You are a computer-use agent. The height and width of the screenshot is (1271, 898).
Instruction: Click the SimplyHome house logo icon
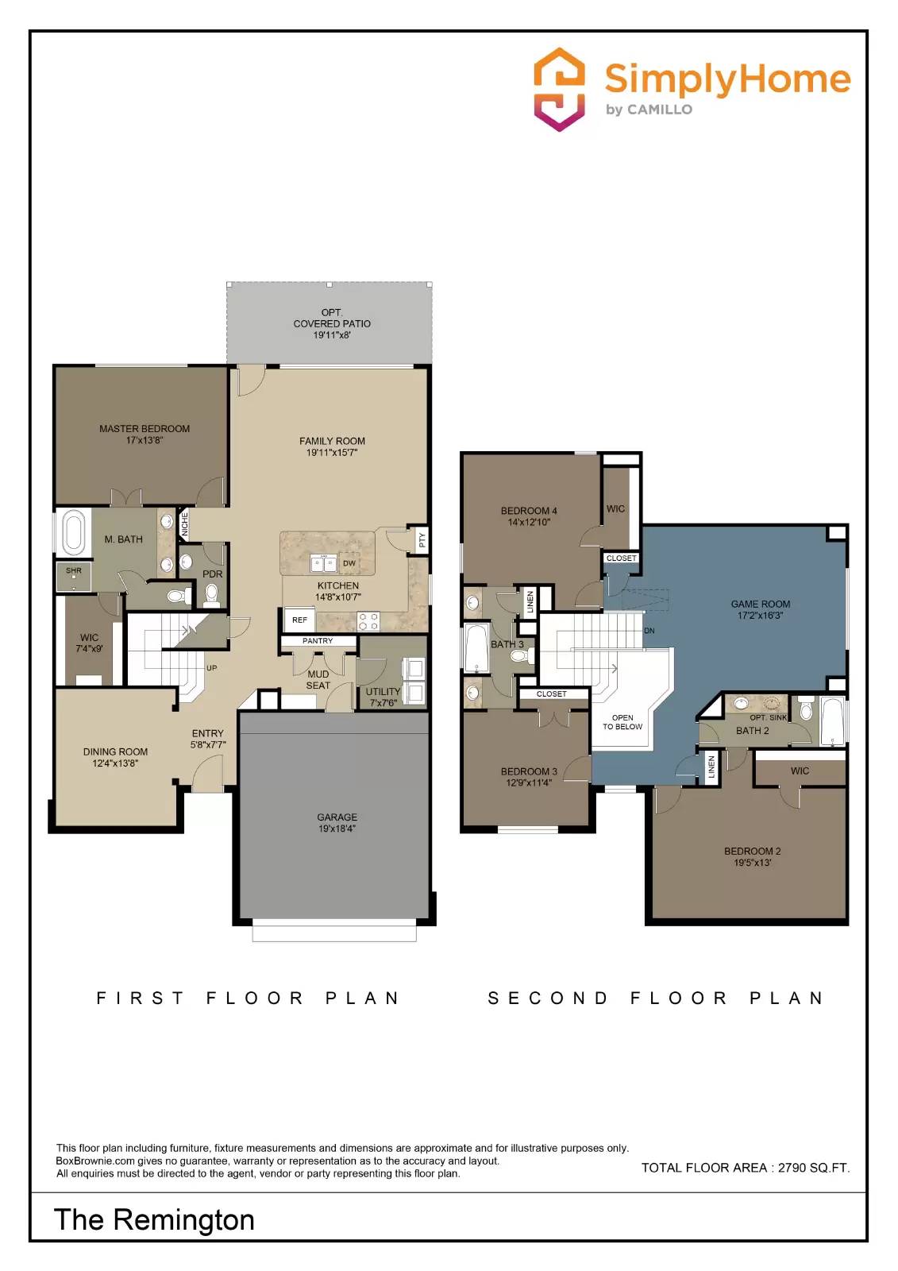(559, 89)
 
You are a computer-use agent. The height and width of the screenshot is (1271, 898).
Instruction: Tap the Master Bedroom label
(145, 434)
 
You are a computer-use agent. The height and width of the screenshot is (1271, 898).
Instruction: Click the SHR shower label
(74, 570)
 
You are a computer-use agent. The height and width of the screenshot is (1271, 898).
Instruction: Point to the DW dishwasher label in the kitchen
(349, 563)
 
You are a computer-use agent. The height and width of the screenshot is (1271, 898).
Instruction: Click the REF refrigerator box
(299, 620)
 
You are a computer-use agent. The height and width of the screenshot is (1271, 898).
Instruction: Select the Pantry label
(318, 640)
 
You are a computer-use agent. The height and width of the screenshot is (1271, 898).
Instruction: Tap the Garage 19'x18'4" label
(337, 822)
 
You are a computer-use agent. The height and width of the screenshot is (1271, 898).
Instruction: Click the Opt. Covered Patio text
(332, 323)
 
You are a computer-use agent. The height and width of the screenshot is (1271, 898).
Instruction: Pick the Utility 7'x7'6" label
(383, 697)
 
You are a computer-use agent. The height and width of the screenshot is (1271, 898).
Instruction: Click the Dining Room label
(115, 757)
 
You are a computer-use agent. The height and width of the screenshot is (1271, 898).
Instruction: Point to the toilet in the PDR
(211, 593)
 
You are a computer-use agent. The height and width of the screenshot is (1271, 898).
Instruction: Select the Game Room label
(760, 609)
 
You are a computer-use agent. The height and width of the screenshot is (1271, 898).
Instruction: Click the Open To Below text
(622, 722)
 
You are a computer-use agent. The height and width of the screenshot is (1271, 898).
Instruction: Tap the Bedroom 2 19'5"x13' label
(752, 856)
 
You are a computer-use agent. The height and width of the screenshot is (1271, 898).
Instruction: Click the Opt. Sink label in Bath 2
(768, 717)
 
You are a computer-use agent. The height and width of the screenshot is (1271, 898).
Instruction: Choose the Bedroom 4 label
(529, 516)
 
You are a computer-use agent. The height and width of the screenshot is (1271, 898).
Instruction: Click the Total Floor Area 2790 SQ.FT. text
(745, 1167)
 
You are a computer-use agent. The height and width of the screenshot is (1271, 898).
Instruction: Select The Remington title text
(154, 1219)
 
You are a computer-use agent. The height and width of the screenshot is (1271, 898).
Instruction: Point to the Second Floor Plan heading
(655, 998)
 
